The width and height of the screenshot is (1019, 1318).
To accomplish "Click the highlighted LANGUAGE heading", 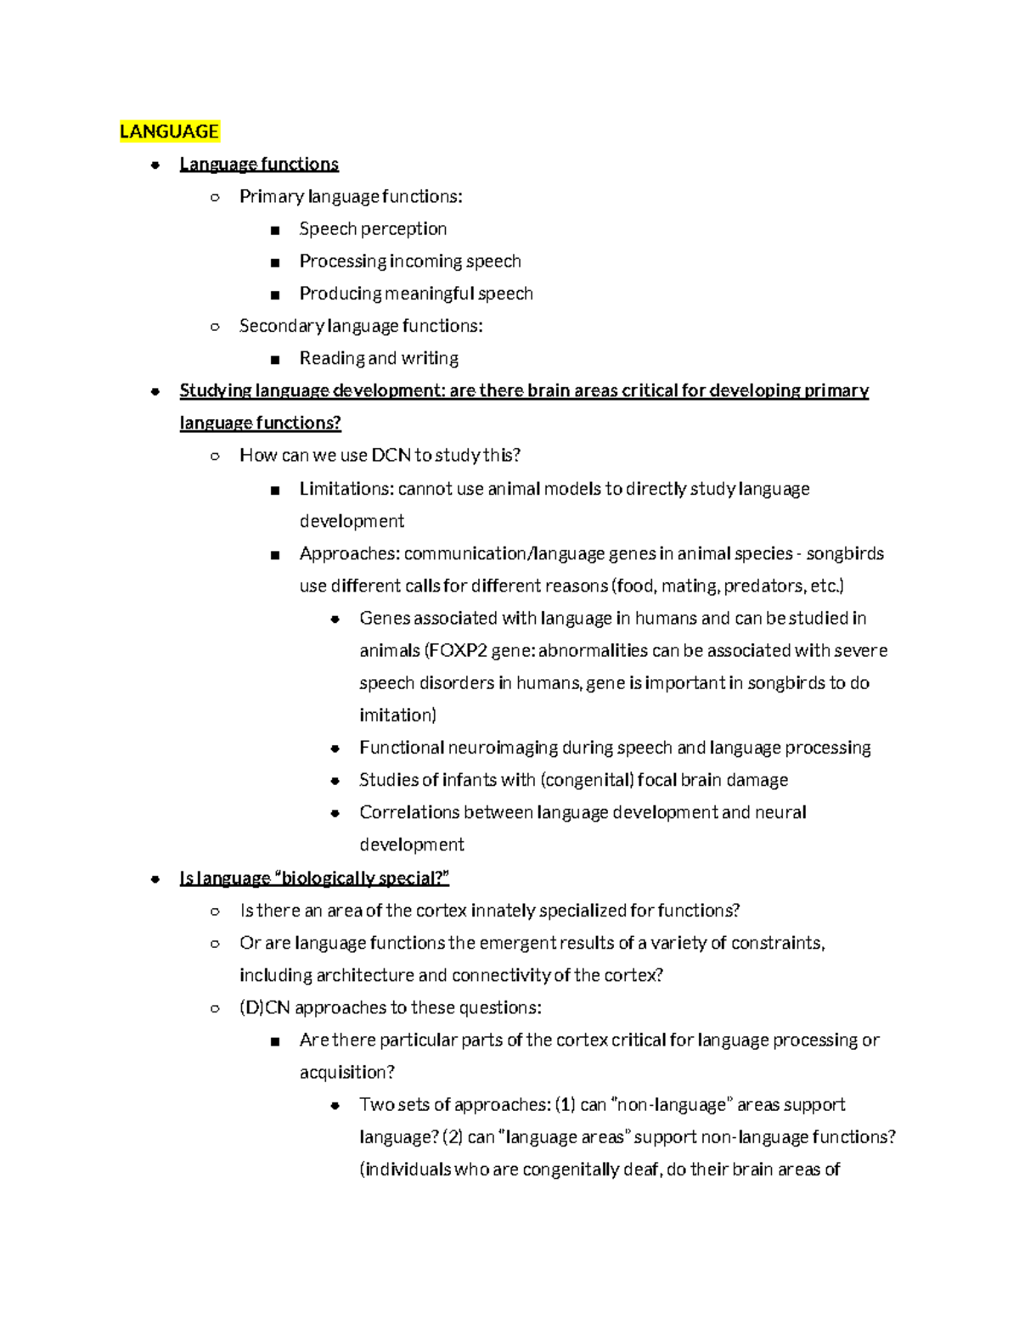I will [x=169, y=132].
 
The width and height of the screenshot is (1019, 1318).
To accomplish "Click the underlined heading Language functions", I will [x=259, y=164].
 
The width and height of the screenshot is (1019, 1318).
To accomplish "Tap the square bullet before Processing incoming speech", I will [x=274, y=262].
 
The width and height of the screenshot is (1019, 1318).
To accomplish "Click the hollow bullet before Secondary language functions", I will [x=215, y=327].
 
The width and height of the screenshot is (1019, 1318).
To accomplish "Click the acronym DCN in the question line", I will [x=391, y=455].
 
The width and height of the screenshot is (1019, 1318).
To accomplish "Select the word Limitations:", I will [x=346, y=489].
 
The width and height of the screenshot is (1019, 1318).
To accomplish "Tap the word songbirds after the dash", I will [x=845, y=553].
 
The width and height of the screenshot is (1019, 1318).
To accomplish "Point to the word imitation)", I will [x=397, y=715].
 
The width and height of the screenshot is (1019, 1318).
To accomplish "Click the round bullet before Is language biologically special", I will [x=155, y=879].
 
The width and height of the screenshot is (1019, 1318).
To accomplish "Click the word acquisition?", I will [x=347, y=1073].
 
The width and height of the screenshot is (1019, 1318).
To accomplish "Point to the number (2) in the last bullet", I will [x=452, y=1137].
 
